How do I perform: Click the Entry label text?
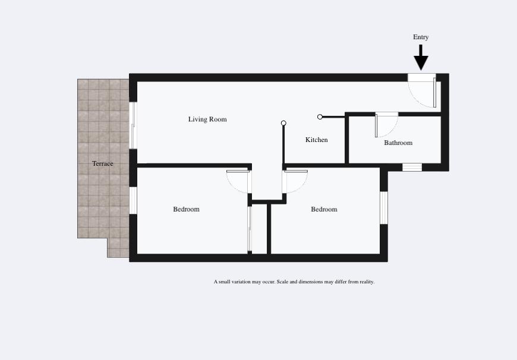click(421, 37)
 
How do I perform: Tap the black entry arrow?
click(421, 58)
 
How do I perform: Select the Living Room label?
click(207, 119)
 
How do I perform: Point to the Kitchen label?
click(317, 140)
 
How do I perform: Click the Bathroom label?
click(398, 143)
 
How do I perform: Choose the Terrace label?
click(103, 163)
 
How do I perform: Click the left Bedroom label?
click(186, 209)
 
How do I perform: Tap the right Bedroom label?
click(324, 209)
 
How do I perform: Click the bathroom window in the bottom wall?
click(412, 167)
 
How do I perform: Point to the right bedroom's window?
click(384, 208)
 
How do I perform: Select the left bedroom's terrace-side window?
click(133, 200)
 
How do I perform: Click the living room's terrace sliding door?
click(133, 125)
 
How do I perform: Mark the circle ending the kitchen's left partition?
click(283, 123)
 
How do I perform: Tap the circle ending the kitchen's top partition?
click(320, 116)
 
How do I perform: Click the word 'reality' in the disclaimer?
click(365, 282)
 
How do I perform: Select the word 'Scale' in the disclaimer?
click(282, 282)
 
